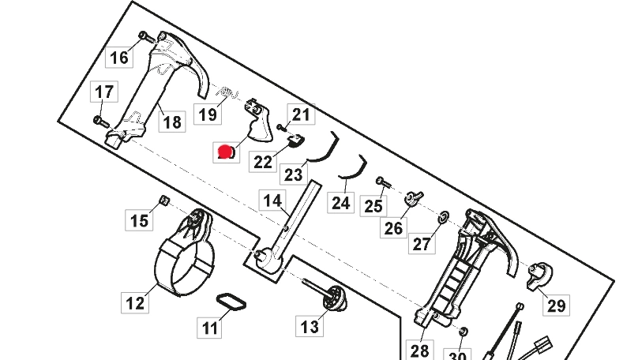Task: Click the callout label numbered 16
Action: click(x=118, y=57)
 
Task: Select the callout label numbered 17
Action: click(x=104, y=92)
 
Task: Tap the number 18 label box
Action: click(x=171, y=122)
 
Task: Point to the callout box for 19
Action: click(x=207, y=114)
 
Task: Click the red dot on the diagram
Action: click(x=226, y=152)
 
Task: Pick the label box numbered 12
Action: click(x=135, y=302)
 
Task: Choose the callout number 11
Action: click(x=210, y=327)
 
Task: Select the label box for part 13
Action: click(x=310, y=325)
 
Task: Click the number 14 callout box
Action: click(x=272, y=201)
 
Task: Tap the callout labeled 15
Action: click(x=140, y=219)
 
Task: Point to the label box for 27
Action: click(x=422, y=242)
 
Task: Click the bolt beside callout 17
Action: click(x=100, y=121)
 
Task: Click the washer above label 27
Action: click(x=443, y=216)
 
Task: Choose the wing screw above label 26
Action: click(x=413, y=197)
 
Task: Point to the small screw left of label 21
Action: click(x=280, y=128)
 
